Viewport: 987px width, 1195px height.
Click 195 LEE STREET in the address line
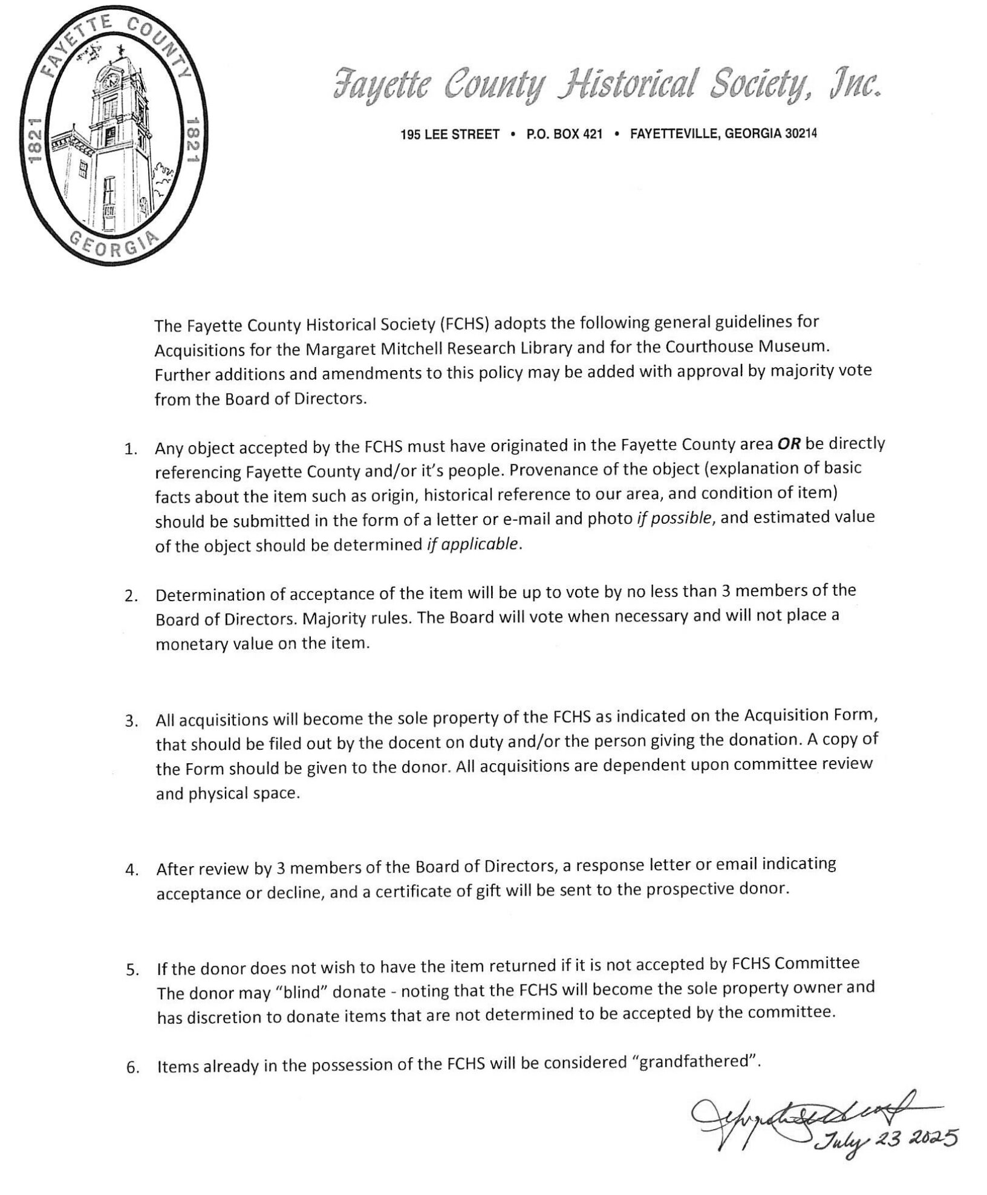coord(450,134)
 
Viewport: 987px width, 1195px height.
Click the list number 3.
coord(130,722)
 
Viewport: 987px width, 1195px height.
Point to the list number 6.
coord(131,1067)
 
